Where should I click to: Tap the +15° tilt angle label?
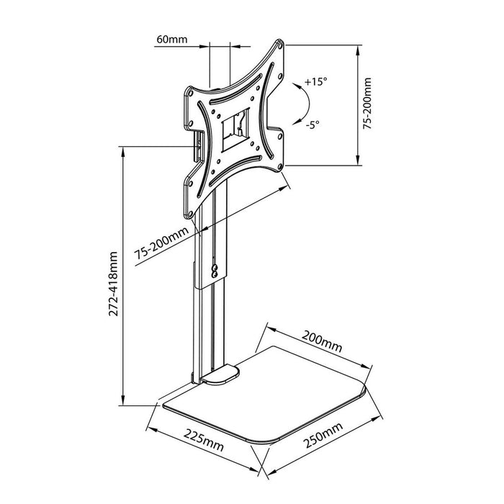tap(315, 82)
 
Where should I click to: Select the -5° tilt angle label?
tap(312, 124)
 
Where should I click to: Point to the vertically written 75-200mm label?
tap(368, 104)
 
